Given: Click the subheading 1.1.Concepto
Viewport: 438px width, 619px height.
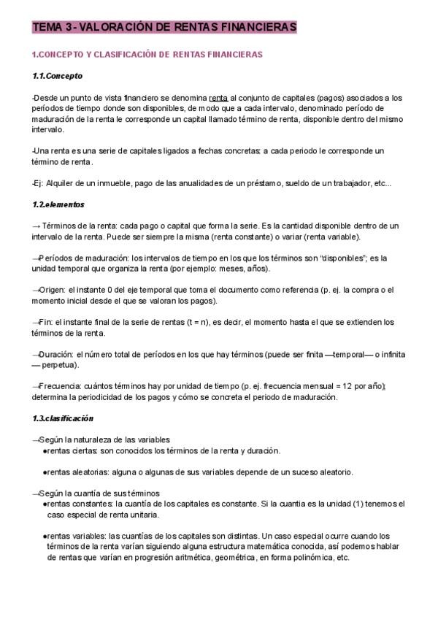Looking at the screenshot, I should [x=58, y=76].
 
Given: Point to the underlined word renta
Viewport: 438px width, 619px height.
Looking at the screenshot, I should [x=218, y=97].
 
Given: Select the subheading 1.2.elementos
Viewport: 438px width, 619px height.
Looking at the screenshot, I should [x=58, y=204].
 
